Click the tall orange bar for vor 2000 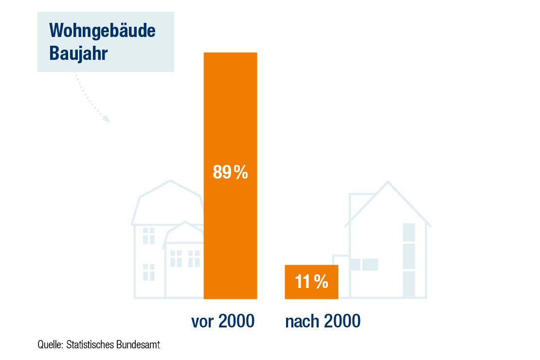point(231,176)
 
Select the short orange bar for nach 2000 point(311,282)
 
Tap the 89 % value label point(231,172)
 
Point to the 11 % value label point(312,282)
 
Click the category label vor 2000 point(223,321)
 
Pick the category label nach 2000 point(323,321)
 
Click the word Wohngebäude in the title point(102,31)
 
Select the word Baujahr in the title point(78,53)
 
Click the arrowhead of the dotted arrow point(107,119)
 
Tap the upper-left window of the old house point(148,235)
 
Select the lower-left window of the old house point(148,272)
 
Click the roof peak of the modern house point(388,182)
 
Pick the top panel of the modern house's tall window point(409,233)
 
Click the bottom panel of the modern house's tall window point(409,284)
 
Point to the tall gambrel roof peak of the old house point(170,181)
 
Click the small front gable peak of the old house point(185,222)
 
